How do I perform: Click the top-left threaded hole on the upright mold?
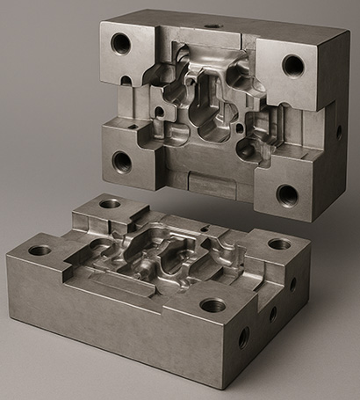(120, 43)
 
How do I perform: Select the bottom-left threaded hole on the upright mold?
(122, 162)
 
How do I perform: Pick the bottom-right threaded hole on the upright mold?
(287, 194)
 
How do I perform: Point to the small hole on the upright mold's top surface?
(213, 25)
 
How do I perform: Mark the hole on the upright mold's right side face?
(339, 133)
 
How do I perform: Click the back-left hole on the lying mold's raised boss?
(110, 204)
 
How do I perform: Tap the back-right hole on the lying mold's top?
(279, 244)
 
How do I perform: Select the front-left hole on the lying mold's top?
(40, 251)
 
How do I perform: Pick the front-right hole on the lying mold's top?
(212, 305)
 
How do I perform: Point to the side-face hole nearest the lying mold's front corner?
(243, 337)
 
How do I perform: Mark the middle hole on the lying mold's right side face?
(273, 311)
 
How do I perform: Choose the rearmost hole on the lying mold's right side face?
(293, 284)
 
